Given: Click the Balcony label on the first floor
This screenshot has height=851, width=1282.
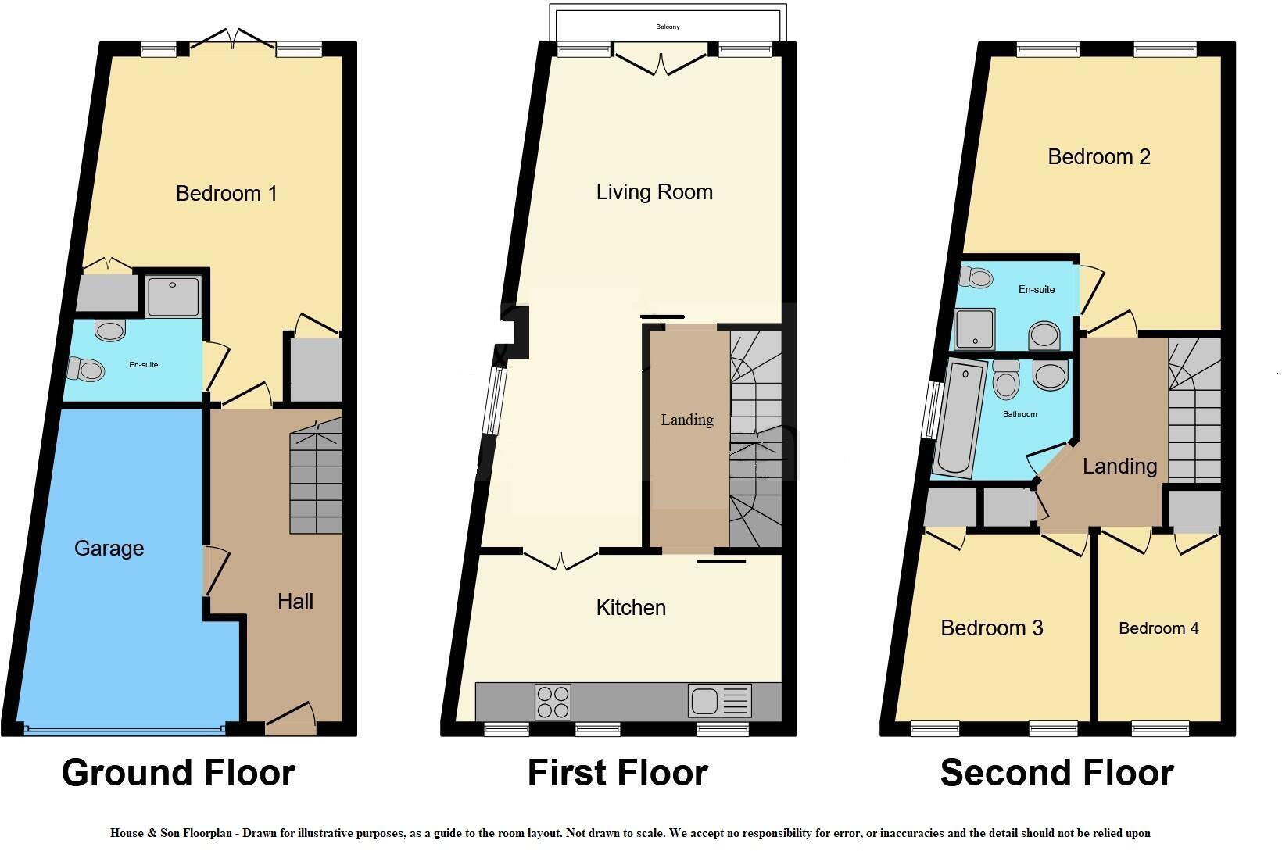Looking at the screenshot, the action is click(668, 27).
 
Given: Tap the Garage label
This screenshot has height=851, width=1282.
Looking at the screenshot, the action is click(109, 549).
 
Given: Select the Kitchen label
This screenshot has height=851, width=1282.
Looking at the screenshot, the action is click(631, 607).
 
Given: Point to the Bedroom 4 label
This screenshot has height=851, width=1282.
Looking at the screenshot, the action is click(1158, 628).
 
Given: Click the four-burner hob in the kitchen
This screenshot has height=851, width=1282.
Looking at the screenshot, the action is click(553, 702).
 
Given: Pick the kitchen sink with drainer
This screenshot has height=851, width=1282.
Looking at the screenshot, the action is click(719, 700).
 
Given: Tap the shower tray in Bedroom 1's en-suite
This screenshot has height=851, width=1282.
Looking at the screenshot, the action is click(174, 296).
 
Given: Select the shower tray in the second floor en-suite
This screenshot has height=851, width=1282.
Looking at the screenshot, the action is click(975, 329).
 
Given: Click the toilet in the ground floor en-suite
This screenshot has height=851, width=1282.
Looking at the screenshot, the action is click(85, 369).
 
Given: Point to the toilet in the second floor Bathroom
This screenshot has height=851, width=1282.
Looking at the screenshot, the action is click(1006, 379).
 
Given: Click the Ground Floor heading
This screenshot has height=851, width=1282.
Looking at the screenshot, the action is click(178, 773).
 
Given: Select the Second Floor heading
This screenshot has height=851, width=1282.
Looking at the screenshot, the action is click(1057, 773).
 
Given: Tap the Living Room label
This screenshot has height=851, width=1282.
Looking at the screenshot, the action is click(654, 191).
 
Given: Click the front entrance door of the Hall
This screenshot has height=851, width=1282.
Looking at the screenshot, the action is click(291, 719).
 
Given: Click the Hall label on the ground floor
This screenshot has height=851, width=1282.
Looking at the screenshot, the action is click(295, 602).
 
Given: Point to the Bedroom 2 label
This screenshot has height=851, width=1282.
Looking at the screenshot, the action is click(1099, 157).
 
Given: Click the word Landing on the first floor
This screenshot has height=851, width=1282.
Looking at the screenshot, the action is click(687, 420).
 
